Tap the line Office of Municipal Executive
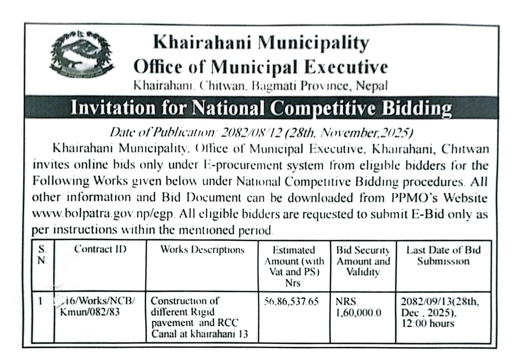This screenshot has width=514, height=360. [x=261, y=67]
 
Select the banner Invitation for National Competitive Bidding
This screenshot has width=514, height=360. [x=261, y=108]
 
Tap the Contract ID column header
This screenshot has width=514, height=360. [x=100, y=249]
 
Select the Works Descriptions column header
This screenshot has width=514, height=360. [x=202, y=249]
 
